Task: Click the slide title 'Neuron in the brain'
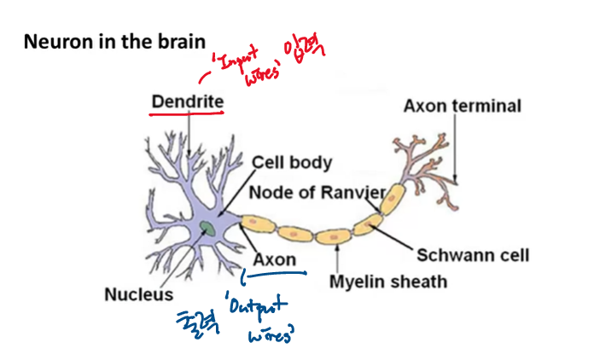114,41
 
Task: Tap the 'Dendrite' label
187,102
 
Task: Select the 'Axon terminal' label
462,107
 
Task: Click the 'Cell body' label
293,162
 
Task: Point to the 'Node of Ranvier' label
317,193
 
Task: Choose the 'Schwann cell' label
473,255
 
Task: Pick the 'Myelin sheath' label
388,280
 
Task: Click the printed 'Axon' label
275,259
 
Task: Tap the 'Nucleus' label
138,294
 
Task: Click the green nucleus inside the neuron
207,228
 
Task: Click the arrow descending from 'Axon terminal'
455,149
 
